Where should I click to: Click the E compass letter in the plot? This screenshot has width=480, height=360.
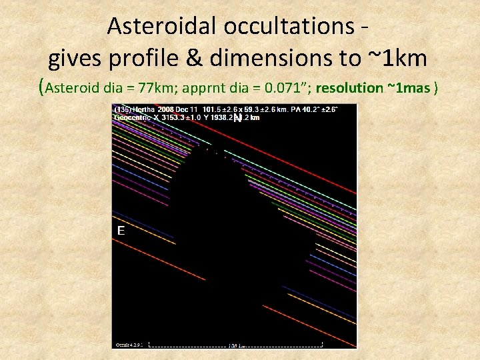coord(121,231)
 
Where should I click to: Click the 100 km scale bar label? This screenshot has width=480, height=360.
coord(237,346)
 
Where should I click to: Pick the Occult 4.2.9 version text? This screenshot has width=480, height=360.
coord(126,345)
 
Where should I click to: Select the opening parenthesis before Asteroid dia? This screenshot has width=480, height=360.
coord(43,87)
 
